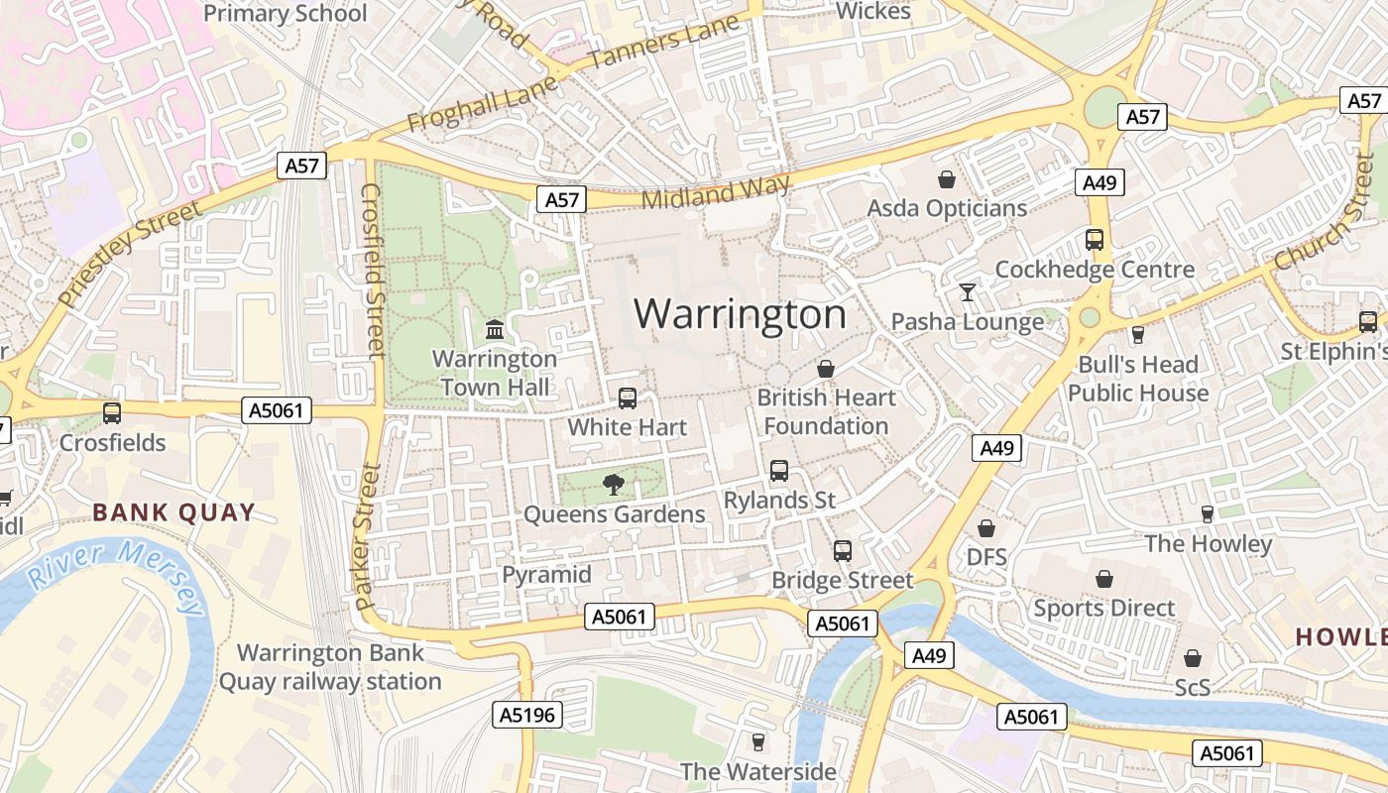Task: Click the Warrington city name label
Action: tap(740, 314)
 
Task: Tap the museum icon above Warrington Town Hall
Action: tap(495, 328)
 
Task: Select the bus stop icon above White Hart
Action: tap(628, 397)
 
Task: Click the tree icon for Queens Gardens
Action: tap(614, 484)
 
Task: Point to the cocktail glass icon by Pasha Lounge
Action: tap(967, 291)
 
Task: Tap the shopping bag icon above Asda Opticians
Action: tap(947, 179)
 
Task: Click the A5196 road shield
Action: tap(527, 714)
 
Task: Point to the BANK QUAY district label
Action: tap(173, 512)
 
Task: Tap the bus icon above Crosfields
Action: tap(112, 413)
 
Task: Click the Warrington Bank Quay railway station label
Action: tap(330, 667)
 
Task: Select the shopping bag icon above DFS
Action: tap(986, 528)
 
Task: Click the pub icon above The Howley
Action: tap(1207, 513)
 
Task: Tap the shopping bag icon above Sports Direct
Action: tap(1103, 579)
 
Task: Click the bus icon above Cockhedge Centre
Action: tap(1095, 240)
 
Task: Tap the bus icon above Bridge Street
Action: tap(843, 550)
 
